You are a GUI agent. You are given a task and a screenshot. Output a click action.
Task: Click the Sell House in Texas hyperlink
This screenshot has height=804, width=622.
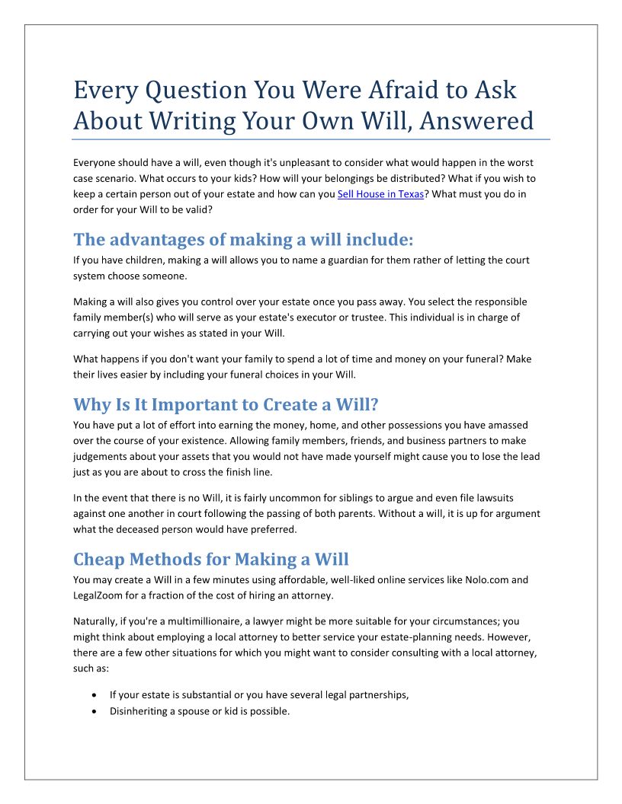click(380, 194)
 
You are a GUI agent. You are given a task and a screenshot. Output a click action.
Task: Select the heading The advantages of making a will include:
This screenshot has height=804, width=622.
click(243, 240)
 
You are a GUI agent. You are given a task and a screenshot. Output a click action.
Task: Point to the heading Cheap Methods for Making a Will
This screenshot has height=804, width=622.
click(211, 560)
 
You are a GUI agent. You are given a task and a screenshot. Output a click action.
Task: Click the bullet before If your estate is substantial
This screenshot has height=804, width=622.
click(93, 695)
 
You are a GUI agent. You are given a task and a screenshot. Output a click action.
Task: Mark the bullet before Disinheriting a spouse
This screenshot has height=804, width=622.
click(93, 712)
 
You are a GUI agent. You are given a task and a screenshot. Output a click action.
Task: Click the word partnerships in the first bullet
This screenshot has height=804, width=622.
click(378, 695)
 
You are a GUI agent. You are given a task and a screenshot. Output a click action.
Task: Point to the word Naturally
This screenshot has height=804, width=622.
click(96, 621)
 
